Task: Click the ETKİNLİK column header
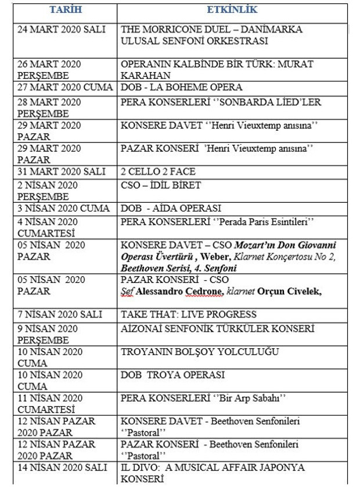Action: click(232, 10)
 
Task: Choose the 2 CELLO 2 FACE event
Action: click(158, 172)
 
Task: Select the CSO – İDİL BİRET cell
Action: click(161, 185)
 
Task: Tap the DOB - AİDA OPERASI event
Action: click(171, 209)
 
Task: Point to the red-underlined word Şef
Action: click(127, 291)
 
